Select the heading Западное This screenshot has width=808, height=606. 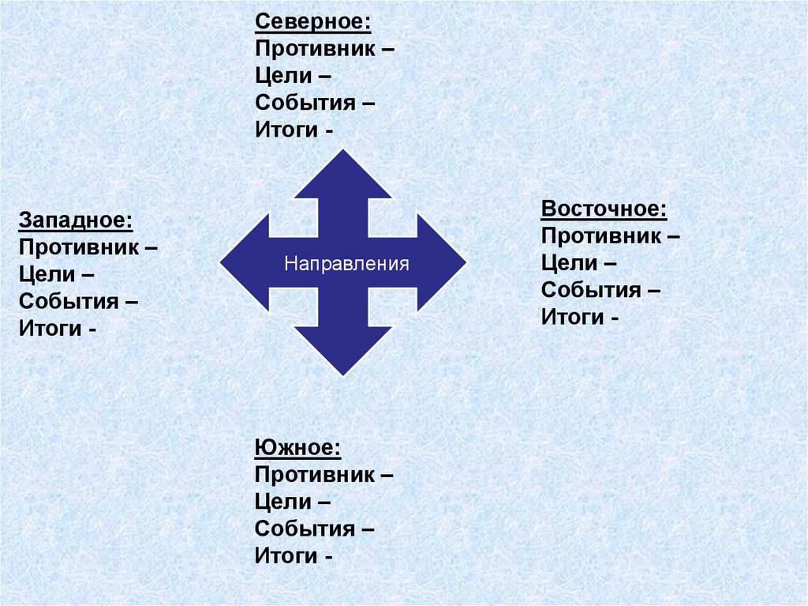click(75, 219)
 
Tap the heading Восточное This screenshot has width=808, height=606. click(604, 209)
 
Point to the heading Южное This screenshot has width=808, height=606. click(298, 449)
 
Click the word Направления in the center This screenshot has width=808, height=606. click(347, 263)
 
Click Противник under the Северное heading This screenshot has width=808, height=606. click(315, 49)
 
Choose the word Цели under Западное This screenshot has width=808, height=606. click(47, 274)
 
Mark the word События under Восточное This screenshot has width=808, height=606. click(590, 290)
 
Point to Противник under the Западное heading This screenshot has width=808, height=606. click(78, 247)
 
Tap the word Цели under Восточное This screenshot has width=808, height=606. click(569, 263)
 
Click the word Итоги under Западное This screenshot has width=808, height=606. click(49, 328)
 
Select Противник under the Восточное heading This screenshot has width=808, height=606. click(600, 236)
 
